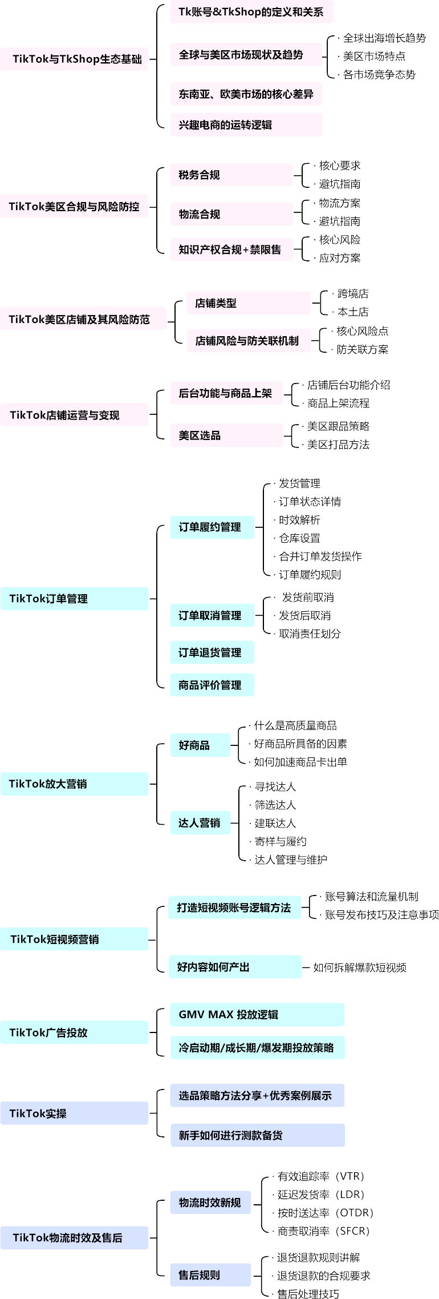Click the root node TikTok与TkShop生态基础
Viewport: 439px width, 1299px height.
pos(74,59)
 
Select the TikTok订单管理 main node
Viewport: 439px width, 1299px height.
pos(74,599)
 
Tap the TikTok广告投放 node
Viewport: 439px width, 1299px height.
pos(74,1032)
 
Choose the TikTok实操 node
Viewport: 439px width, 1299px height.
pos(74,1113)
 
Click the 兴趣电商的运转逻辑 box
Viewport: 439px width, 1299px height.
pos(246,125)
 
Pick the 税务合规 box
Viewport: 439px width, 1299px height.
pos(231,175)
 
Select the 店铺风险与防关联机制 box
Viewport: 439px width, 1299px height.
pos(249,341)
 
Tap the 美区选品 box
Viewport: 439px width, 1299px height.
pos(226,435)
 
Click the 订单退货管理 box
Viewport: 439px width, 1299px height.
pos(212,652)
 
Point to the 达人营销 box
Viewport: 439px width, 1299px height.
pos(200,822)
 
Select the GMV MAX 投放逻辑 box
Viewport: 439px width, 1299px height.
pos(257,1014)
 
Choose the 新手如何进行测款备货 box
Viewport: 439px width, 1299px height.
pos(257,1135)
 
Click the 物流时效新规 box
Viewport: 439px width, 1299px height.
pos(210,1203)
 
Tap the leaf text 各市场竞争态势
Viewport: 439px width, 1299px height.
pos(379,75)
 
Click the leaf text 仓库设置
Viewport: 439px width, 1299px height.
pos(299,538)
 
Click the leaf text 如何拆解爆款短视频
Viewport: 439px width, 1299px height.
pos(360,967)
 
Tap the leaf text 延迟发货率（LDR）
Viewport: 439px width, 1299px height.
pos(321,1195)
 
